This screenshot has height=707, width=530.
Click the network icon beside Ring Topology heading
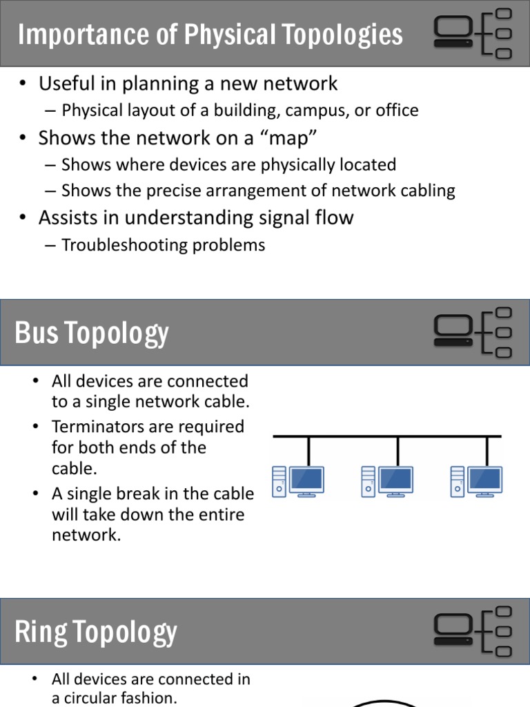coord(473,631)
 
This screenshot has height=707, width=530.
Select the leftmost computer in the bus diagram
coord(298,481)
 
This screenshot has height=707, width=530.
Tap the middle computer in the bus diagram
coord(387,481)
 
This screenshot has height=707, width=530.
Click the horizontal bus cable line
coord(387,436)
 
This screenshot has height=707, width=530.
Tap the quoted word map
coord(290,138)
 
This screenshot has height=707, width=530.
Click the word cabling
coord(424,191)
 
